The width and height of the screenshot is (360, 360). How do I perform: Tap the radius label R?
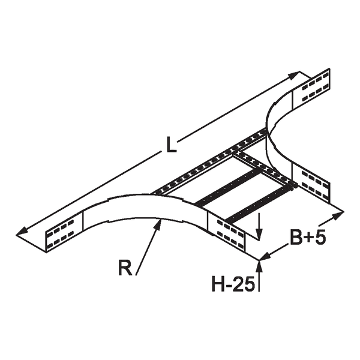(x=124, y=268)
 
